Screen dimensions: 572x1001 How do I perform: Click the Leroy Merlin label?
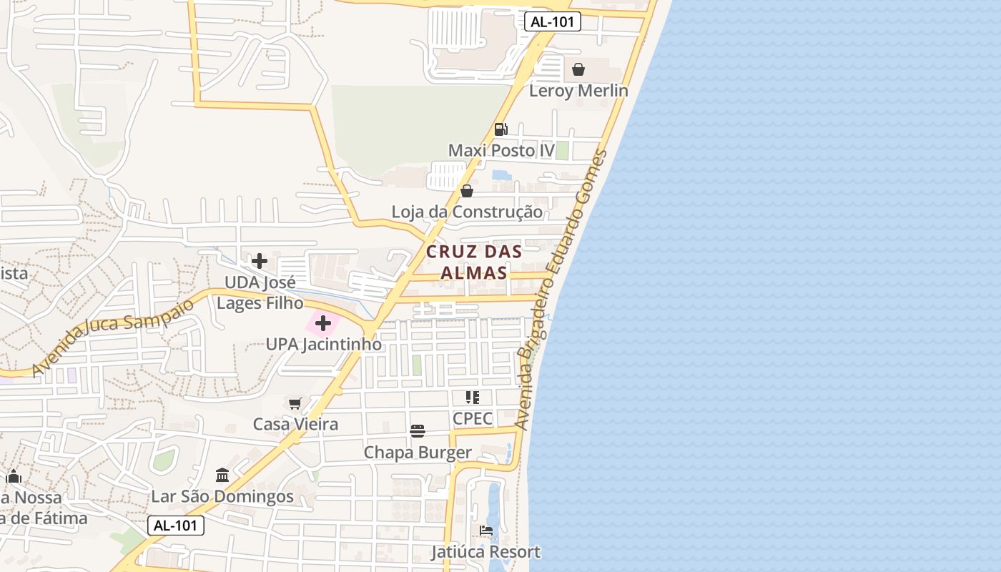(578, 91)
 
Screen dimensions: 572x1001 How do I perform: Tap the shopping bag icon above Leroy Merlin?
(578, 69)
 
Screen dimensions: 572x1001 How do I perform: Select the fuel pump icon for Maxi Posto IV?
(500, 129)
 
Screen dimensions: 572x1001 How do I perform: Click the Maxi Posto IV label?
(501, 151)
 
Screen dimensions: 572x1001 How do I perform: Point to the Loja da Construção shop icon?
(467, 191)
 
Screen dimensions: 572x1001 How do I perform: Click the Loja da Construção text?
(467, 212)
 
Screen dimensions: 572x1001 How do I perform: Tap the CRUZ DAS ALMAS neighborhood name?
(474, 262)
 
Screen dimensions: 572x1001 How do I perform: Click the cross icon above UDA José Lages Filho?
(260, 261)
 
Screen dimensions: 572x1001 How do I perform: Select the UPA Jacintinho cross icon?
(323, 323)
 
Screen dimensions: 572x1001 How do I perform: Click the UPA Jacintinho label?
(323, 345)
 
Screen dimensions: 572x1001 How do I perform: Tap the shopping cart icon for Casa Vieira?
(295, 403)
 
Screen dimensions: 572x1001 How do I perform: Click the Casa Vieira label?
(295, 425)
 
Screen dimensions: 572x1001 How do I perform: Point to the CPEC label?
(473, 418)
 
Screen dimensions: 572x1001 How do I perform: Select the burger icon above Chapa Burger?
(418, 431)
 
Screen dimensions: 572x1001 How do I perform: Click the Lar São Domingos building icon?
(222, 475)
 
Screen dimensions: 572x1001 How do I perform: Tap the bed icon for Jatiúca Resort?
(486, 531)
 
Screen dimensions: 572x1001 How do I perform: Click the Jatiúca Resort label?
(486, 553)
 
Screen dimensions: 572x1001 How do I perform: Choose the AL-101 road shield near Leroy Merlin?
(552, 21)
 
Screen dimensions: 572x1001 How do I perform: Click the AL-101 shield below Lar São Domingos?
(176, 526)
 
